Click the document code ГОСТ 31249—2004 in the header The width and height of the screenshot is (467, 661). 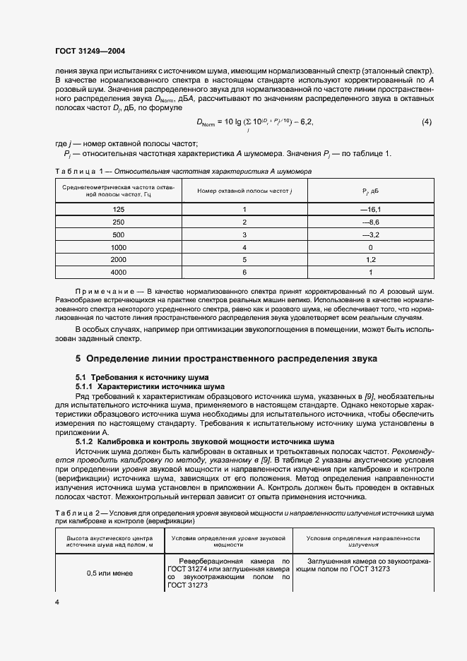[x=90, y=51]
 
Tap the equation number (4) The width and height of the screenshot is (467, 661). [x=426, y=122]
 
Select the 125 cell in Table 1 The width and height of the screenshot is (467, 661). [x=119, y=210]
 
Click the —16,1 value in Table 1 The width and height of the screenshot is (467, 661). [x=371, y=210]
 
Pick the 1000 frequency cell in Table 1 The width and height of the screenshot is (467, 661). [x=119, y=248]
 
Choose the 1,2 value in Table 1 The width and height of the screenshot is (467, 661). [x=371, y=260]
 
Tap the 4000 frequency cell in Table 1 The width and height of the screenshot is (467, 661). [x=119, y=272]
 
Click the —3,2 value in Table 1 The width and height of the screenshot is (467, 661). [x=371, y=235]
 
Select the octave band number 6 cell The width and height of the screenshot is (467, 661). [x=244, y=272]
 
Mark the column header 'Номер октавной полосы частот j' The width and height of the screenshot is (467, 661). [x=244, y=191]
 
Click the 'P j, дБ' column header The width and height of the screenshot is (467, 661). [x=371, y=191]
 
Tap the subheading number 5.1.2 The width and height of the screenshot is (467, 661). [x=85, y=441]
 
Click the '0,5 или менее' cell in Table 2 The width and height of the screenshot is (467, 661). [x=109, y=573]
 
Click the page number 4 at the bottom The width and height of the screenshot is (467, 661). [x=57, y=602]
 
